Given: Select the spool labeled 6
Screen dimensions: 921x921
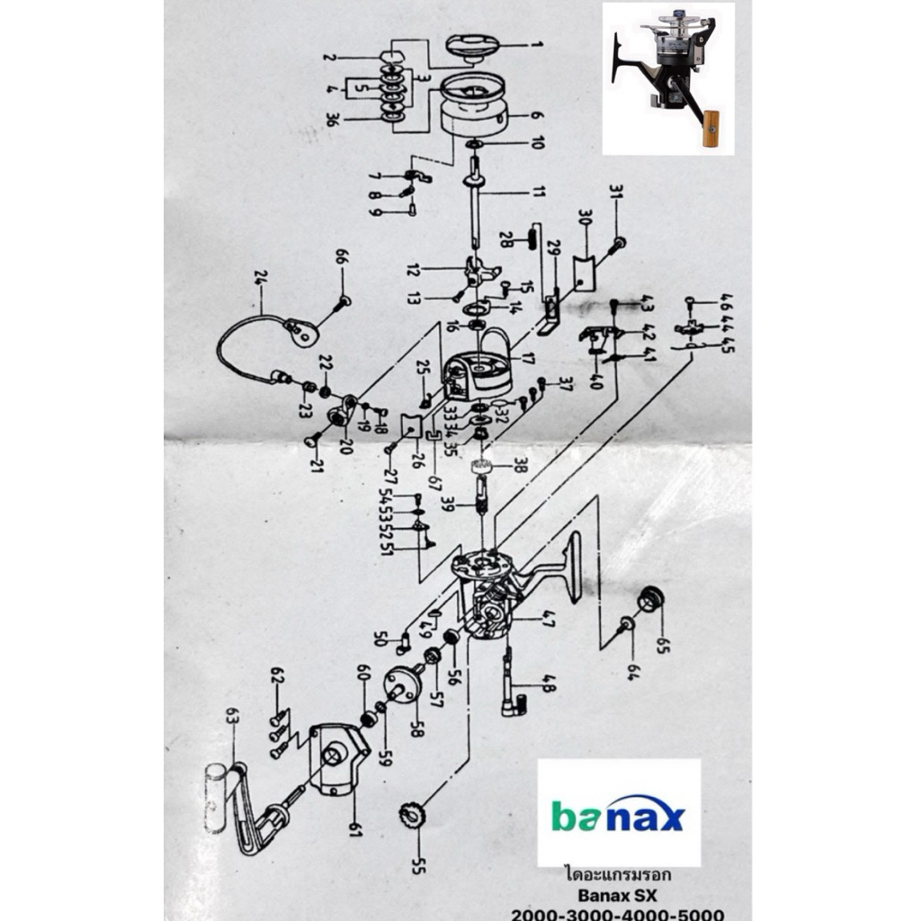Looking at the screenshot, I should (475, 107).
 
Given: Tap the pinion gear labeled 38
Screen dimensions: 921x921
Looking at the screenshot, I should (484, 465).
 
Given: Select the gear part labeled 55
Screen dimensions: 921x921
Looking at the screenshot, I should (413, 816).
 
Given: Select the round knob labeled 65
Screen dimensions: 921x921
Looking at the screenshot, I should (649, 598).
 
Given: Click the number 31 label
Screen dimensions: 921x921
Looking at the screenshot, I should (615, 193).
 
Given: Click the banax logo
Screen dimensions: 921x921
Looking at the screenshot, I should (618, 814).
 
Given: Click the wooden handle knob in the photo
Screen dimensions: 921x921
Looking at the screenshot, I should (711, 128).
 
